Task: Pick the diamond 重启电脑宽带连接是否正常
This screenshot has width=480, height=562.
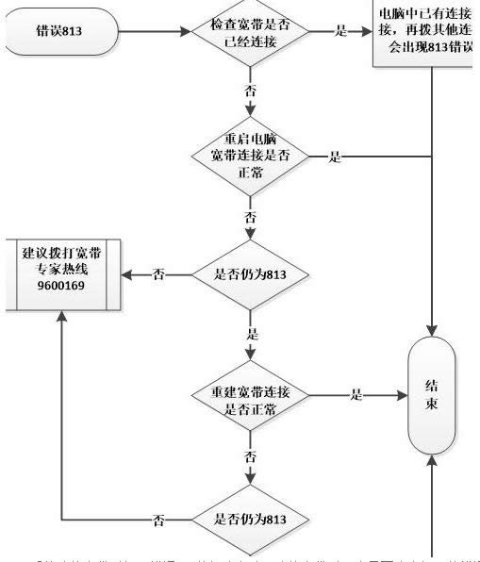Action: point(250,157)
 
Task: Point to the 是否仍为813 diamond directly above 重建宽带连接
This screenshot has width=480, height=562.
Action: point(250,274)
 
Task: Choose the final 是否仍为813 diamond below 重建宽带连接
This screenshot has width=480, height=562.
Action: point(250,520)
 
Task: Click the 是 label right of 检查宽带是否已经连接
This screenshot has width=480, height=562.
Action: point(339,31)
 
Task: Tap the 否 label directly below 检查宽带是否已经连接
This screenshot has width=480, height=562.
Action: point(250,92)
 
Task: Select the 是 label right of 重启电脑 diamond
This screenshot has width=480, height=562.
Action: point(334,157)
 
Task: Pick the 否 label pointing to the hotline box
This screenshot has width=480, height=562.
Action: point(158,274)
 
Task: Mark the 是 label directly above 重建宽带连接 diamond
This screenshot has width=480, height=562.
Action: point(251,335)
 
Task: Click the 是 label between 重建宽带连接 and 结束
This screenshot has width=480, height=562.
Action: point(356,394)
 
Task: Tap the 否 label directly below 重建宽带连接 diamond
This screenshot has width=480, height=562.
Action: point(250,456)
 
